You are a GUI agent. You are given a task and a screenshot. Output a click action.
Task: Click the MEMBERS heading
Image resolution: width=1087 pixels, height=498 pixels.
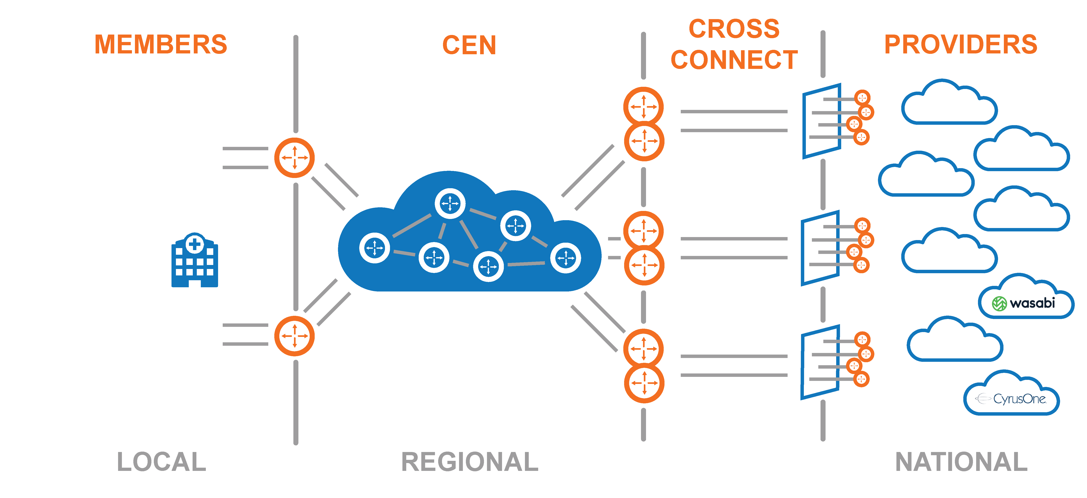pos(161,45)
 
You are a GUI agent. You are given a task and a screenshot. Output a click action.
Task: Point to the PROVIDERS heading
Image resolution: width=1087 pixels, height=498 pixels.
pos(960,45)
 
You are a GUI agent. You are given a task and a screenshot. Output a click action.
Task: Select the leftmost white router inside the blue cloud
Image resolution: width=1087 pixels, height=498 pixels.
pos(374,248)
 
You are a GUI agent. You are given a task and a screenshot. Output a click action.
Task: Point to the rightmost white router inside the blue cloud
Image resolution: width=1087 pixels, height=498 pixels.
pos(565,258)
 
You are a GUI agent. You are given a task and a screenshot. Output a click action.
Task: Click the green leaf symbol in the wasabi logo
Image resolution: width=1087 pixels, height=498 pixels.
pos(999,304)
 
